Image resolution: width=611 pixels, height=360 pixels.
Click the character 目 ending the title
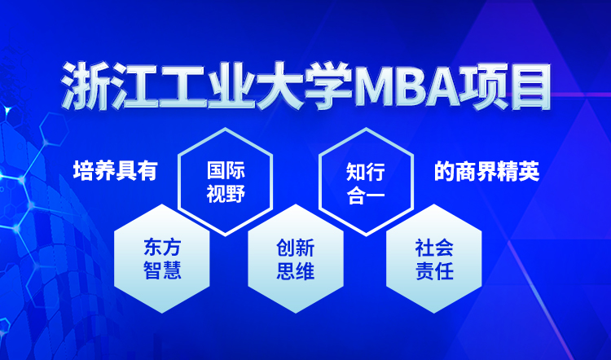click(x=528, y=86)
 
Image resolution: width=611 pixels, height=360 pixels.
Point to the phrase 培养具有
click(x=116, y=171)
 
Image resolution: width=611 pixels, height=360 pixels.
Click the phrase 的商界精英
click(x=486, y=171)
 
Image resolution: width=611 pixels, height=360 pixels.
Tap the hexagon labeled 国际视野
click(x=225, y=182)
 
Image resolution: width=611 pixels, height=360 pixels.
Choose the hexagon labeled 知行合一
click(x=366, y=182)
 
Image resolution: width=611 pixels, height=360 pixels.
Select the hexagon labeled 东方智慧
click(x=162, y=258)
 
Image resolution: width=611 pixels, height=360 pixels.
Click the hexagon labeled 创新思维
click(x=296, y=258)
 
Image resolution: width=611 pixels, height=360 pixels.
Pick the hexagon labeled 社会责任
click(x=434, y=258)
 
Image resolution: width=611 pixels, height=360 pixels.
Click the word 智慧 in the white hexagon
click(x=162, y=270)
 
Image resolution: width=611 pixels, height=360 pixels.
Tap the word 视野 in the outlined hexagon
click(x=226, y=194)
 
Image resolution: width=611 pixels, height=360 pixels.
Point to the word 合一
click(x=366, y=194)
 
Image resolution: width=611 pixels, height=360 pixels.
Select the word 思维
click(x=296, y=270)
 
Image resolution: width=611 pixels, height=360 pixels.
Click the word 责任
click(x=434, y=270)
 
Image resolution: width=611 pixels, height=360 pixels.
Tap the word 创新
click(x=296, y=248)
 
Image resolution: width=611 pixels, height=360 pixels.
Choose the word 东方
click(x=162, y=248)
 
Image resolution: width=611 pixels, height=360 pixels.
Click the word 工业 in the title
click(x=207, y=86)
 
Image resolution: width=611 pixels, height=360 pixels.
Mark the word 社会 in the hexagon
click(x=434, y=248)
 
